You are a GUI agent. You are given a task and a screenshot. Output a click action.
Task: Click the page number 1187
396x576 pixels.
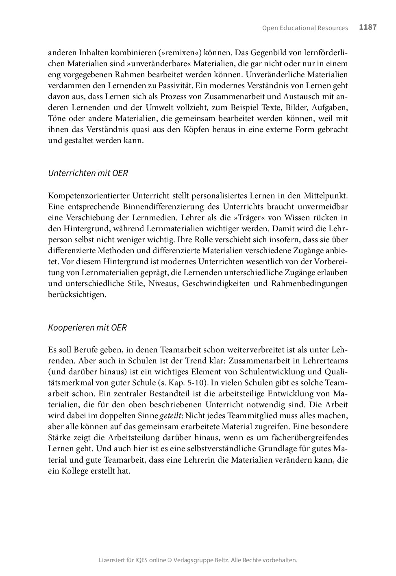368,27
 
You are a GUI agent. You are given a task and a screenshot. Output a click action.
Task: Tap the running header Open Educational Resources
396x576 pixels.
305,28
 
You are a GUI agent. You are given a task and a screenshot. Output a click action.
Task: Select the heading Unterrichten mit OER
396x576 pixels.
88,173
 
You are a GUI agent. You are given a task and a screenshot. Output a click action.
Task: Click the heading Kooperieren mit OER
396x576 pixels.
87,328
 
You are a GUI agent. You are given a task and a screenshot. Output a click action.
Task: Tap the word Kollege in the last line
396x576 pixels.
74,472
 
